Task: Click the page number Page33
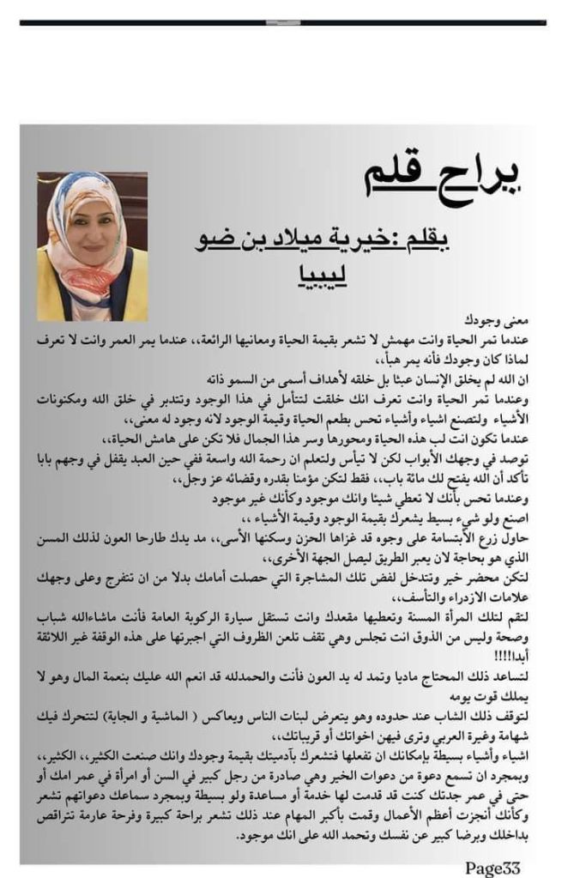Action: (x=493, y=868)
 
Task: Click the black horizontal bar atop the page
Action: (x=283, y=22)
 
